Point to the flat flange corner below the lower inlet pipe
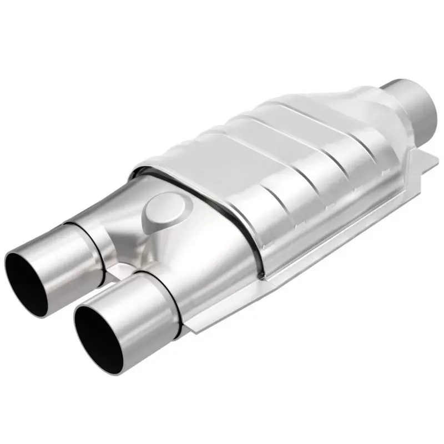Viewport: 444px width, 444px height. (x=191, y=327)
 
